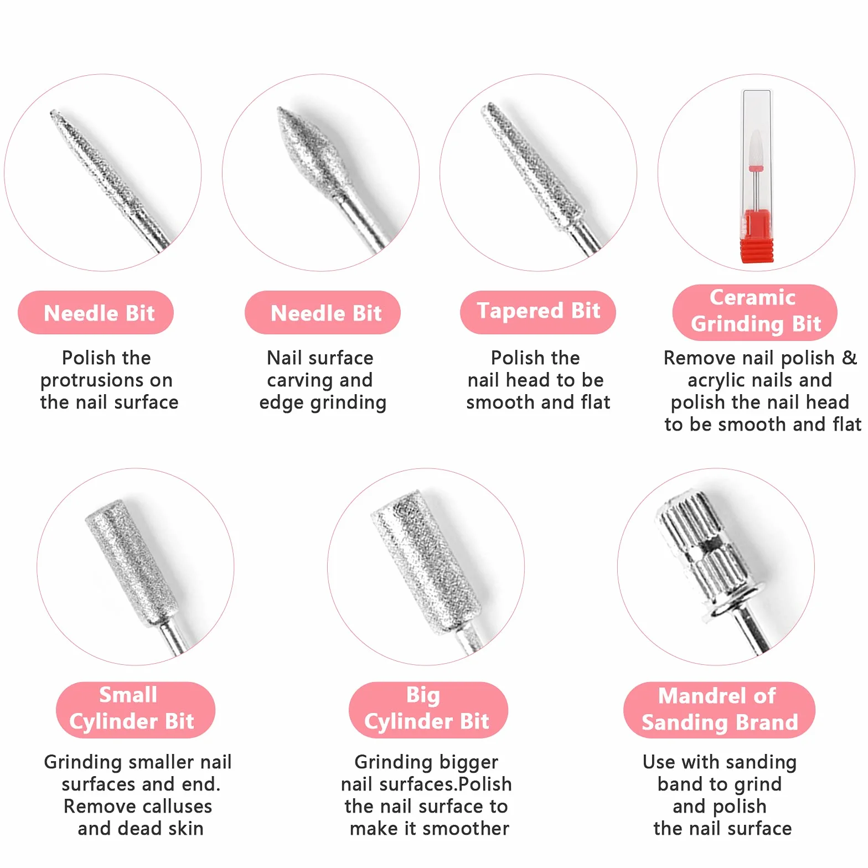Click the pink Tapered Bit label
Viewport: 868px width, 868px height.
(538, 312)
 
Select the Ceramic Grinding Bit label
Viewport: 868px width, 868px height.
(755, 312)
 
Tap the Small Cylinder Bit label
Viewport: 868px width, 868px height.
(135, 709)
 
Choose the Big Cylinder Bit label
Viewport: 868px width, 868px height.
(428, 709)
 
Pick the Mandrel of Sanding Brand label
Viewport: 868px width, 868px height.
(719, 709)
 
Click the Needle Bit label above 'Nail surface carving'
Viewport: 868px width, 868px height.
(322, 312)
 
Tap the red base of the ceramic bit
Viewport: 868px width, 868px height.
(756, 236)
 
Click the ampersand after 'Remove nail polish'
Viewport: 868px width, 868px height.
(849, 358)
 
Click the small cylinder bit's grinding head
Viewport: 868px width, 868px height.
(132, 562)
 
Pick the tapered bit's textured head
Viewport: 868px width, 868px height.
(531, 166)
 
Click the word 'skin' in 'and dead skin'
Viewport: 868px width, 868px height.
(186, 829)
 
